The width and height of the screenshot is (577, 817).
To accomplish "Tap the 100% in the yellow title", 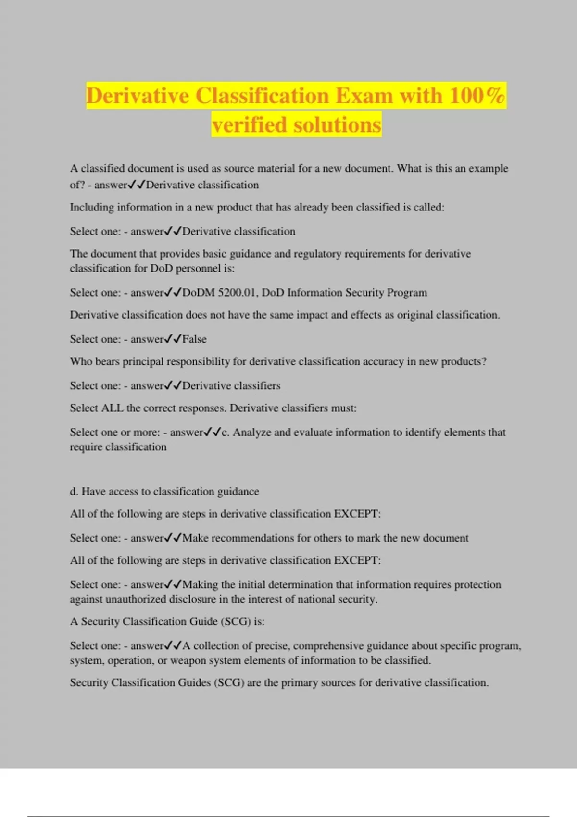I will tap(477, 95).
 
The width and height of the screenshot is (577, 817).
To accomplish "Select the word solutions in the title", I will tap(337, 125).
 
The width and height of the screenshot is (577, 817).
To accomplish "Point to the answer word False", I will tap(194, 339).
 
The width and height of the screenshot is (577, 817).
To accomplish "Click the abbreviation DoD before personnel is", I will tap(162, 268).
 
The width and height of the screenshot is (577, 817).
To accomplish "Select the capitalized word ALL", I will tap(112, 408).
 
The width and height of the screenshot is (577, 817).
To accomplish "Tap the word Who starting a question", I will tap(81, 361).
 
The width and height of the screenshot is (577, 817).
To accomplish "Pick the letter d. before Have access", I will tap(74, 491).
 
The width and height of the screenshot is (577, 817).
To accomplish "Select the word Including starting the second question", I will tap(92, 207).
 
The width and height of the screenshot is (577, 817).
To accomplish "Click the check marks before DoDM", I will tap(173, 293).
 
